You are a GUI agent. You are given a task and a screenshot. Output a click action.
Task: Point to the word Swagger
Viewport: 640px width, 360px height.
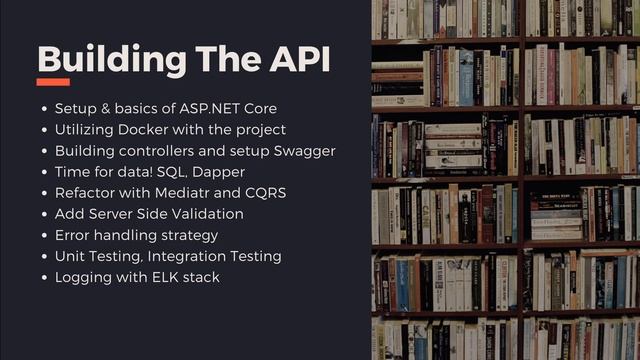pos(300,150)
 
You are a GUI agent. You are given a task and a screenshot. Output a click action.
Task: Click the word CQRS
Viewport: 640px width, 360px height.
pos(265,192)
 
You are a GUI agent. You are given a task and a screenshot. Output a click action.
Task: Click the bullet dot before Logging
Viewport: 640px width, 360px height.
pos(44,277)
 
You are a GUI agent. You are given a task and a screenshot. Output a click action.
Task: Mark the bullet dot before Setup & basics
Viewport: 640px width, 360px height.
pos(44,108)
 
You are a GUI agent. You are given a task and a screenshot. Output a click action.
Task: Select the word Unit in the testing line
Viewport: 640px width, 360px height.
pos(70,256)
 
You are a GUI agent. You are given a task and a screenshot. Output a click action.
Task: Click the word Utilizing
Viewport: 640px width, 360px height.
pos(85,129)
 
